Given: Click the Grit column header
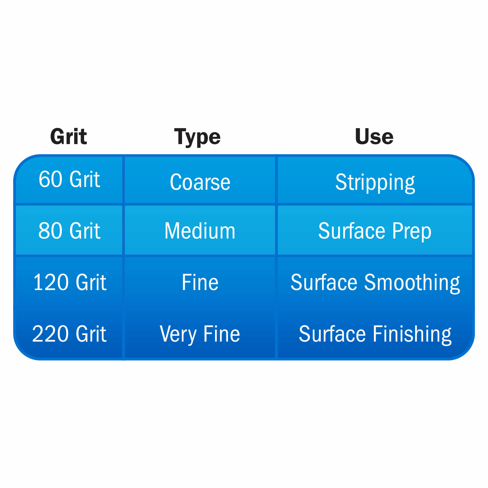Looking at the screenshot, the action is [68, 136].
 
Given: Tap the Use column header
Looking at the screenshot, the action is [374, 136].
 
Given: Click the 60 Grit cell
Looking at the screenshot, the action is [69, 180].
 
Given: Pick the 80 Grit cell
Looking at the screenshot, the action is [69, 230].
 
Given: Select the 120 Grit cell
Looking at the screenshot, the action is [69, 282].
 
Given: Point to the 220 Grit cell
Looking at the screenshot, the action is [69, 334].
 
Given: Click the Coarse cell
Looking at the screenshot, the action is [200, 180].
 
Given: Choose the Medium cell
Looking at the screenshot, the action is [200, 230].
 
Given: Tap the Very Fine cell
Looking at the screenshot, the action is [200, 334].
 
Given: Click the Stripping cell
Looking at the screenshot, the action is [375, 180].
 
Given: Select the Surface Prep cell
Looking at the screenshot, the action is [375, 230].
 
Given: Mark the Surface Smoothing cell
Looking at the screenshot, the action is [375, 282].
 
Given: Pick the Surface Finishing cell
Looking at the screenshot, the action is [375, 334].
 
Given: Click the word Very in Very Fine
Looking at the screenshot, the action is [178, 335].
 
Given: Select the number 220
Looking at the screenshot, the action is [50, 334].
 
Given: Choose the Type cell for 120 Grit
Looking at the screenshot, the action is [200, 282].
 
